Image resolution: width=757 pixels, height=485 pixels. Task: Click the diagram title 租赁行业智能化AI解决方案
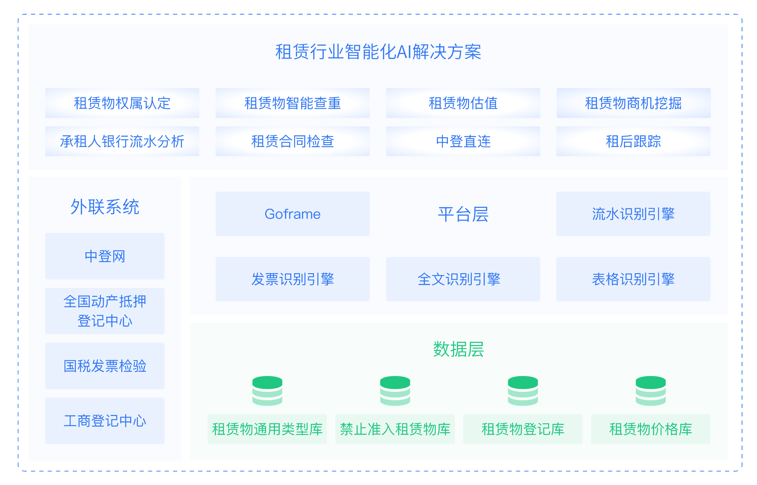pyautogui.click(x=378, y=52)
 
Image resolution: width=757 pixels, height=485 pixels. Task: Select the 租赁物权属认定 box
pyautogui.click(x=122, y=103)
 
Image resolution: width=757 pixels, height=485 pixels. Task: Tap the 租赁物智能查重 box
pyautogui.click(x=292, y=103)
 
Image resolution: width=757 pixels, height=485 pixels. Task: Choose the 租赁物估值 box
pyautogui.click(x=463, y=103)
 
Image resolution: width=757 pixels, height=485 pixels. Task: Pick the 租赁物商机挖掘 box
pyautogui.click(x=633, y=103)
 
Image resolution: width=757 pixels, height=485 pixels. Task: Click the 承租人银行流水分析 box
pyautogui.click(x=122, y=141)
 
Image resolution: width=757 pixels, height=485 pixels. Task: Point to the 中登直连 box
pyautogui.click(x=463, y=141)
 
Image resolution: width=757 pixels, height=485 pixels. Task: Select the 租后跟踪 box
pyautogui.click(x=633, y=141)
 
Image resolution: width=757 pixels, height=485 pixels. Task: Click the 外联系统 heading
pyautogui.click(x=105, y=207)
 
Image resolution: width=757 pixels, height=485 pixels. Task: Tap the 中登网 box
pyautogui.click(x=105, y=256)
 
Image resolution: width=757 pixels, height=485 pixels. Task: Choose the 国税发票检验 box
pyautogui.click(x=105, y=366)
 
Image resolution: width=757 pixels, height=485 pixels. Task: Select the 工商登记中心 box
pyautogui.click(x=105, y=421)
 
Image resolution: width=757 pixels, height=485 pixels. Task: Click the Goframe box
pyautogui.click(x=292, y=214)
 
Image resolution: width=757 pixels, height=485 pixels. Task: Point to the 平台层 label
pyautogui.click(x=463, y=214)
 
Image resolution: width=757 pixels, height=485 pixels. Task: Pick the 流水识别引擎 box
pyautogui.click(x=633, y=214)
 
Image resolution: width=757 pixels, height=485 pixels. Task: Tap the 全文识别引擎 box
pyautogui.click(x=463, y=279)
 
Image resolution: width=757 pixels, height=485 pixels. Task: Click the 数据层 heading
pyautogui.click(x=458, y=349)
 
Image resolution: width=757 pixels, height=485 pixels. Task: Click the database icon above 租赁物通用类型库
pyautogui.click(x=267, y=390)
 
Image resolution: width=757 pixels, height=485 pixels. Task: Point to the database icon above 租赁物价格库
pyautogui.click(x=650, y=390)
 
